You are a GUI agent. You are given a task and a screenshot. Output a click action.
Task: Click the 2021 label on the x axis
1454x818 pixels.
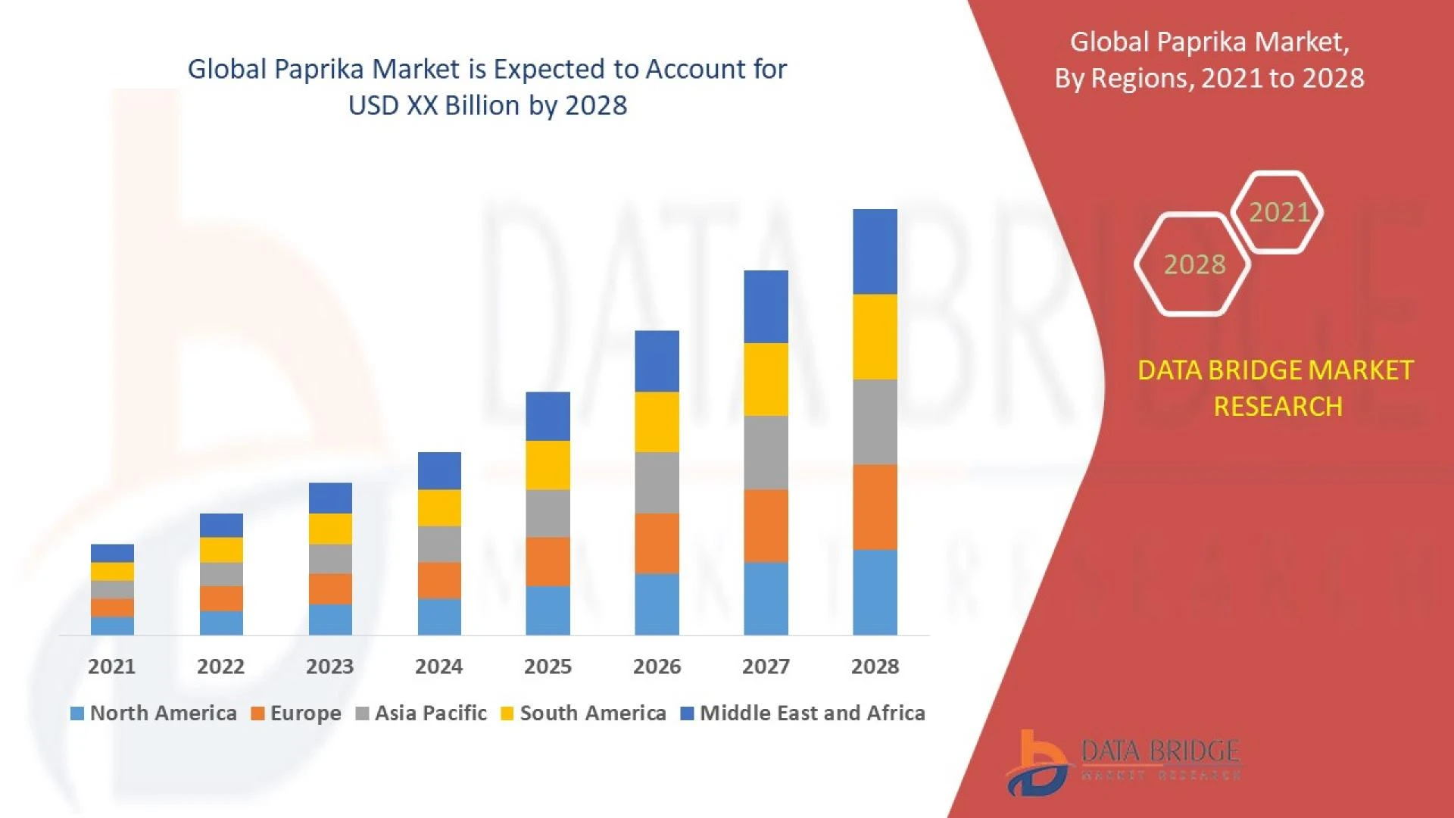pos(111,667)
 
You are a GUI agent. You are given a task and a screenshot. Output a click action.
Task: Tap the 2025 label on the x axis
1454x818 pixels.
pos(548,667)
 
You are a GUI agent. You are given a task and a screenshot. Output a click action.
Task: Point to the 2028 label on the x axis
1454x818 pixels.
pos(875,667)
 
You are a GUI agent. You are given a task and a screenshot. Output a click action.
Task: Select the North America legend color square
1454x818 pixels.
pos(76,713)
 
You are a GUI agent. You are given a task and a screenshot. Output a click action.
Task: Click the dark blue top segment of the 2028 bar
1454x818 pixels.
pos(875,251)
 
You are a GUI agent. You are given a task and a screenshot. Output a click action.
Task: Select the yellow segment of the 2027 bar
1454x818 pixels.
pos(766,379)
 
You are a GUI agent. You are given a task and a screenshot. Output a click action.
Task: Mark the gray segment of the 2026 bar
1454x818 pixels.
pos(657,482)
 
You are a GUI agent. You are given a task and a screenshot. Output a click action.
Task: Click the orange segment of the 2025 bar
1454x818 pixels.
pos(548,561)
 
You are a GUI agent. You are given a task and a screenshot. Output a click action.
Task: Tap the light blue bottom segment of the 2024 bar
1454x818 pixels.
pos(439,617)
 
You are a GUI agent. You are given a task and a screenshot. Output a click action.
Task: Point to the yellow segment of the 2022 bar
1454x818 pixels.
pos(221,549)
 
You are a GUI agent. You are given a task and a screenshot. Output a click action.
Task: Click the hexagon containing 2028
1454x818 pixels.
pos(1193,264)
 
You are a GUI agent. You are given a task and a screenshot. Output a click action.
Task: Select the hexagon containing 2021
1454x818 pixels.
pos(1278,212)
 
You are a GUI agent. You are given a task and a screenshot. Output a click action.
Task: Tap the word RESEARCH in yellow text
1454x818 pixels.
pos(1278,407)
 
